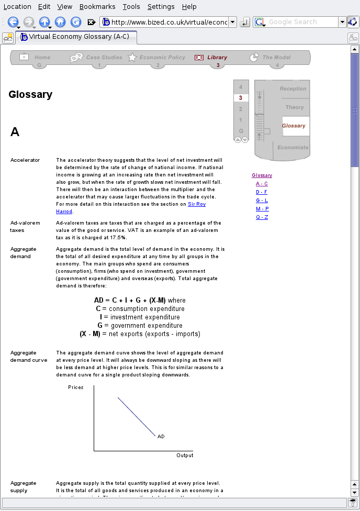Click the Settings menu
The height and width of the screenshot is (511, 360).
(161, 6)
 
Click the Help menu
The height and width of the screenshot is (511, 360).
(189, 6)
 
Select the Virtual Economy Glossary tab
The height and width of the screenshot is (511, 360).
(77, 37)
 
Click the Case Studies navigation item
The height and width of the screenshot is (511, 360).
(103, 58)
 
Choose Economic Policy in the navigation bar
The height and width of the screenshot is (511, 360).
(162, 58)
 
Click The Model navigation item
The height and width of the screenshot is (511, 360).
(276, 58)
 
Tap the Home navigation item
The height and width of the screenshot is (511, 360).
(42, 58)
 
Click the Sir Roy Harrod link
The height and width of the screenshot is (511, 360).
(196, 204)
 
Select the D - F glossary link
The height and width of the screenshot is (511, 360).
(262, 192)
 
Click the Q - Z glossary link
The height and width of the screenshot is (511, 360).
(262, 217)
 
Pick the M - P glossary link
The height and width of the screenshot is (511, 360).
(262, 209)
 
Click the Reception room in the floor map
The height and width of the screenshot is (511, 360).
(293, 89)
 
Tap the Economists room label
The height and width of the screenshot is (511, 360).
(292, 148)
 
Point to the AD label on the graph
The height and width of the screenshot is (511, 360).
(161, 436)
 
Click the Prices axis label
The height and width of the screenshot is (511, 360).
(76, 387)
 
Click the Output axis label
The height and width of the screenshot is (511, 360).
(185, 456)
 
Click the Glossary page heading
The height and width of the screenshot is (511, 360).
(30, 95)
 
